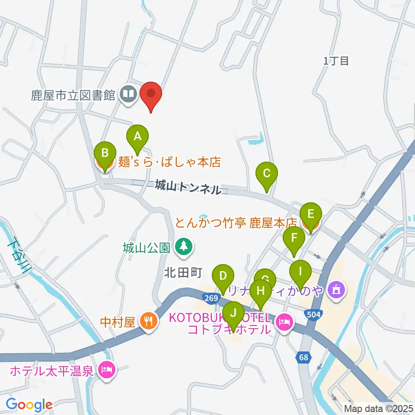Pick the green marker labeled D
223,276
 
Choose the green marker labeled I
300,272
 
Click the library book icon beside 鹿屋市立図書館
128,94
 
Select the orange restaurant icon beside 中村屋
148,322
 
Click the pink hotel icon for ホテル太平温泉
106,370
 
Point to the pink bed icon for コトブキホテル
284,322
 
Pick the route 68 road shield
304,358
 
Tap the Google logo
29,405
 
